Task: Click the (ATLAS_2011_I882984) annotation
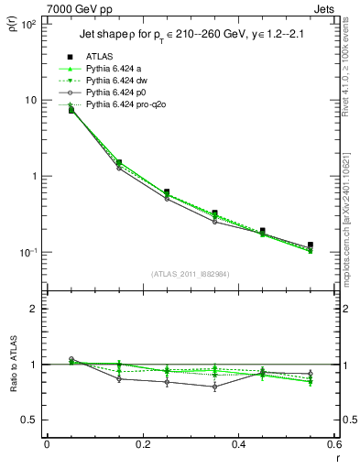tap(190, 274)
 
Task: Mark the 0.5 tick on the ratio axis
tap(30, 420)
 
